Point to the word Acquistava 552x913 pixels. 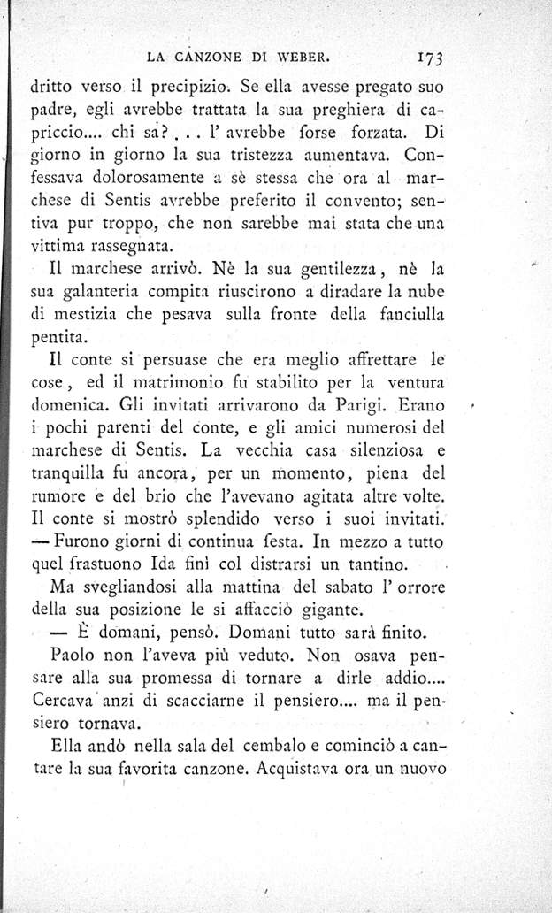(305, 768)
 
